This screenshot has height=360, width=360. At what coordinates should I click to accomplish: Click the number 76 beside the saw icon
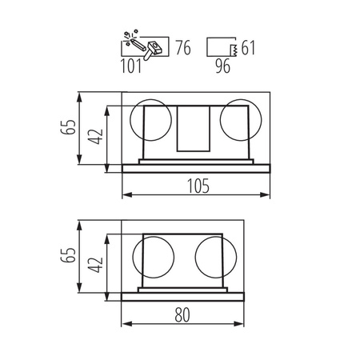click(183, 48)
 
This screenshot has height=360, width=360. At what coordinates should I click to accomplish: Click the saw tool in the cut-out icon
click(142, 46)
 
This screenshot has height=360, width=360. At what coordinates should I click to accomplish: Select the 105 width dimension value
click(198, 186)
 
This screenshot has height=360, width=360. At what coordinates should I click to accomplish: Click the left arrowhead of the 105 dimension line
click(124, 196)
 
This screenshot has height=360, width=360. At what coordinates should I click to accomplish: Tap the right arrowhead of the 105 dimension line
click(270, 196)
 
